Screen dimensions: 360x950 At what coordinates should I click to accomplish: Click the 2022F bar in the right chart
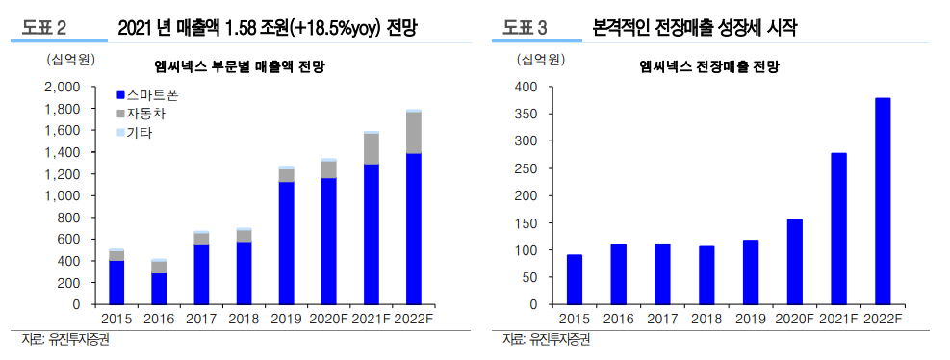(x=882, y=201)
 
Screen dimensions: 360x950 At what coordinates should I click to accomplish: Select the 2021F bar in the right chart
(x=837, y=228)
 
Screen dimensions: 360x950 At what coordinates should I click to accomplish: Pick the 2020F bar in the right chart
(x=794, y=262)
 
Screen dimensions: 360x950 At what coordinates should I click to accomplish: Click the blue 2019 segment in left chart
(x=286, y=243)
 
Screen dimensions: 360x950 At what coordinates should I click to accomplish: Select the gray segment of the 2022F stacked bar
(x=413, y=133)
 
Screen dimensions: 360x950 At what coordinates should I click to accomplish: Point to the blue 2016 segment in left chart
(x=159, y=289)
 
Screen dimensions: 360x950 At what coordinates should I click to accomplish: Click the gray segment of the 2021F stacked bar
(x=371, y=149)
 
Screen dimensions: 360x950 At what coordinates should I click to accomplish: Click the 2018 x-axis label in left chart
(x=244, y=319)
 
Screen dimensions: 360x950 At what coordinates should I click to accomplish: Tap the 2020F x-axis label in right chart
(x=794, y=319)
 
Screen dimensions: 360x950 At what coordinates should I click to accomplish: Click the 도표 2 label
(x=47, y=29)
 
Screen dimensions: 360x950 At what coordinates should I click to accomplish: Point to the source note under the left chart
(x=64, y=340)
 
